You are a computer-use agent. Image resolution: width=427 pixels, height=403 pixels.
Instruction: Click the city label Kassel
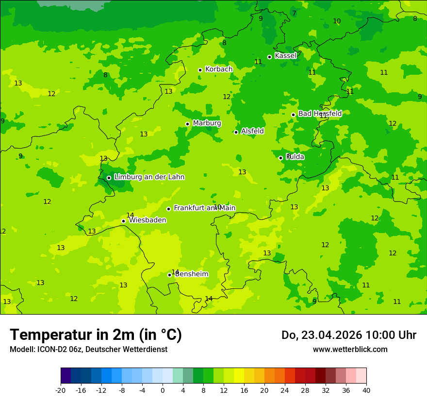click(285, 56)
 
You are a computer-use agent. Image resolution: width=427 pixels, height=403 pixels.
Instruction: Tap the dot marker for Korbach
click(200, 70)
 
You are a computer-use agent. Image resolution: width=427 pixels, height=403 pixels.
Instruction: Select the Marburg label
click(207, 123)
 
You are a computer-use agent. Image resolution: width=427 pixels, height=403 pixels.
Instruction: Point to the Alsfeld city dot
click(236, 132)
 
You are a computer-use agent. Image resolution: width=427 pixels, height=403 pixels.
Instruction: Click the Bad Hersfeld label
click(320, 114)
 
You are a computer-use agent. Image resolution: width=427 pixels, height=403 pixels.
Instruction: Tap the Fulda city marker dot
click(280, 158)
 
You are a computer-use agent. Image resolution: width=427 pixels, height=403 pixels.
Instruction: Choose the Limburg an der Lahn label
click(149, 177)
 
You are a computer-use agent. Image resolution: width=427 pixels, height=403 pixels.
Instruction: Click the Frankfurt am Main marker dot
click(169, 209)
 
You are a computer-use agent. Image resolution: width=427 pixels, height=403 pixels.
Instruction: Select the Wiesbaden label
click(147, 220)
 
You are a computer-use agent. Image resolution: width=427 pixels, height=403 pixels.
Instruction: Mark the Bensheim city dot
click(170, 275)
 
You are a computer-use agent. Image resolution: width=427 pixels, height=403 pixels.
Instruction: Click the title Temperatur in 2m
click(96, 335)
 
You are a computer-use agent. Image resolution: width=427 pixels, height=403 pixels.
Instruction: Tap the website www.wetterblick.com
click(350, 350)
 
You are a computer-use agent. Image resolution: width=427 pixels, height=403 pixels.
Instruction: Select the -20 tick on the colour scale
click(61, 390)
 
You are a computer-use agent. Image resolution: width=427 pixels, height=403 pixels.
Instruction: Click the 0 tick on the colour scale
click(163, 390)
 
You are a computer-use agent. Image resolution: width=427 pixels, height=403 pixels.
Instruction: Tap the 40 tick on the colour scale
click(366, 390)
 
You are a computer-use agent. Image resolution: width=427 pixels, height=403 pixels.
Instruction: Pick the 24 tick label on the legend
click(285, 390)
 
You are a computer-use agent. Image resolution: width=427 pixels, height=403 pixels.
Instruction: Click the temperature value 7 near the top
click(294, 14)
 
